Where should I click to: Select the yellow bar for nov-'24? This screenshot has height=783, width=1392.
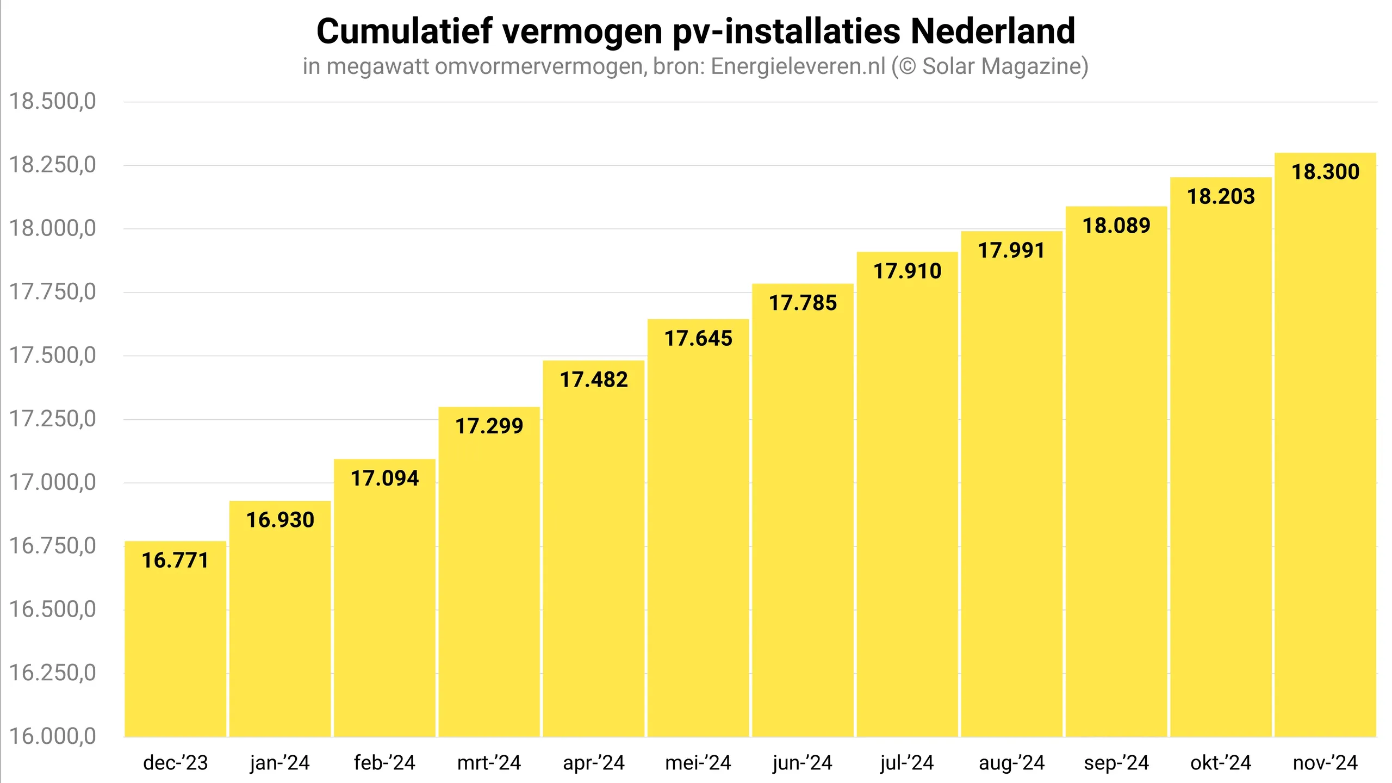pos(1325,462)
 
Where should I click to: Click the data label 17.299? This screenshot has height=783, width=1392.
pos(489,426)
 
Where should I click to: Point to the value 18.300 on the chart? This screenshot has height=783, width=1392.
pos(1325,172)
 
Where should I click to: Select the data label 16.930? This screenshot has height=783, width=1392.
pos(280,520)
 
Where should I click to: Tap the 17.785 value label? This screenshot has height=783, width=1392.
pos(803,303)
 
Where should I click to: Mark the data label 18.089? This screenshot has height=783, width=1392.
pos(1116,226)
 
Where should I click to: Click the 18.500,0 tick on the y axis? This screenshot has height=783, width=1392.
pos(53,102)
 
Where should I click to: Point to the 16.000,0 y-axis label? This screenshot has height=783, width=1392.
pos(53,737)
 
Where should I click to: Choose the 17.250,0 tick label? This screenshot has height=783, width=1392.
pos(53,419)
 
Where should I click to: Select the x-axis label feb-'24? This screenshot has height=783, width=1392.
pos(384,763)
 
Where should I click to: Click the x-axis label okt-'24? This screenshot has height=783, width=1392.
pos(1221,763)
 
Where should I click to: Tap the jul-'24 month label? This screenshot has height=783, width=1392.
pos(907,763)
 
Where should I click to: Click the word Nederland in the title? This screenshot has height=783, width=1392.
pos(993,31)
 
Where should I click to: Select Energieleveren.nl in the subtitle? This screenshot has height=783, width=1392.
pos(798,66)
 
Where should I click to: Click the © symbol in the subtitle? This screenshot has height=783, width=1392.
pos(907,66)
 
